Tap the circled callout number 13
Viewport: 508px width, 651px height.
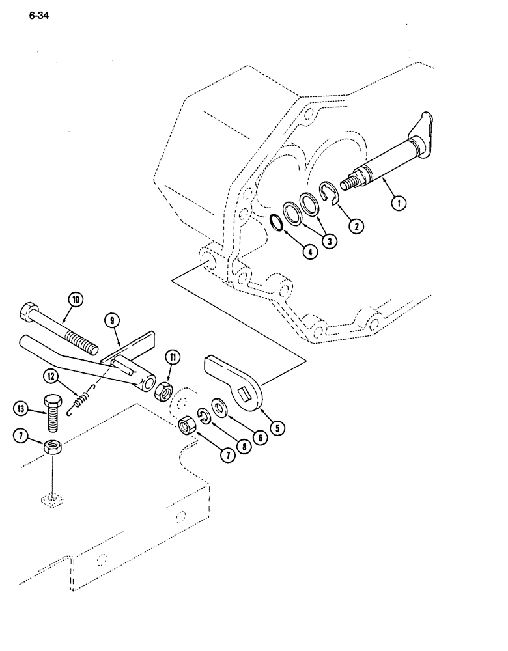point(21,409)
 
